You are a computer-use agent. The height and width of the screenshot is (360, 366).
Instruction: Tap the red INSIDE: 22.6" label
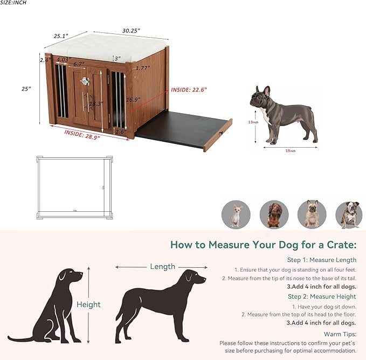point(189,89)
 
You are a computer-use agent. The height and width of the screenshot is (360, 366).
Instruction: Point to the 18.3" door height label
point(96,103)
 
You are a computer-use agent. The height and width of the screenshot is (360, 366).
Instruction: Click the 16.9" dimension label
point(133,99)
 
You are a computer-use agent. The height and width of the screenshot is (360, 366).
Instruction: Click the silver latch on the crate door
point(85,81)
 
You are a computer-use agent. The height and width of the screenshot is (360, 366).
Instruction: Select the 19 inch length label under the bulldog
point(291,151)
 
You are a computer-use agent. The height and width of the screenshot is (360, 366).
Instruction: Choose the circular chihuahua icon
point(236,214)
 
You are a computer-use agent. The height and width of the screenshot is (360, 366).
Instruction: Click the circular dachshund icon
point(273,214)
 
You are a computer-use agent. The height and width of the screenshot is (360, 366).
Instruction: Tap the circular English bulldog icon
point(349,214)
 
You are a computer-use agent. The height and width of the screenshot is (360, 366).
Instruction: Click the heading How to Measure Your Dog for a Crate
point(263,245)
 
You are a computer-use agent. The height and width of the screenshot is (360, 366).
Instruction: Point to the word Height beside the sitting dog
point(88,304)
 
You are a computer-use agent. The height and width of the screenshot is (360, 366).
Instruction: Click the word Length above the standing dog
point(162,266)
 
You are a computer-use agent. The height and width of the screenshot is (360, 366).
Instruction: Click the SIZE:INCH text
point(13,3)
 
